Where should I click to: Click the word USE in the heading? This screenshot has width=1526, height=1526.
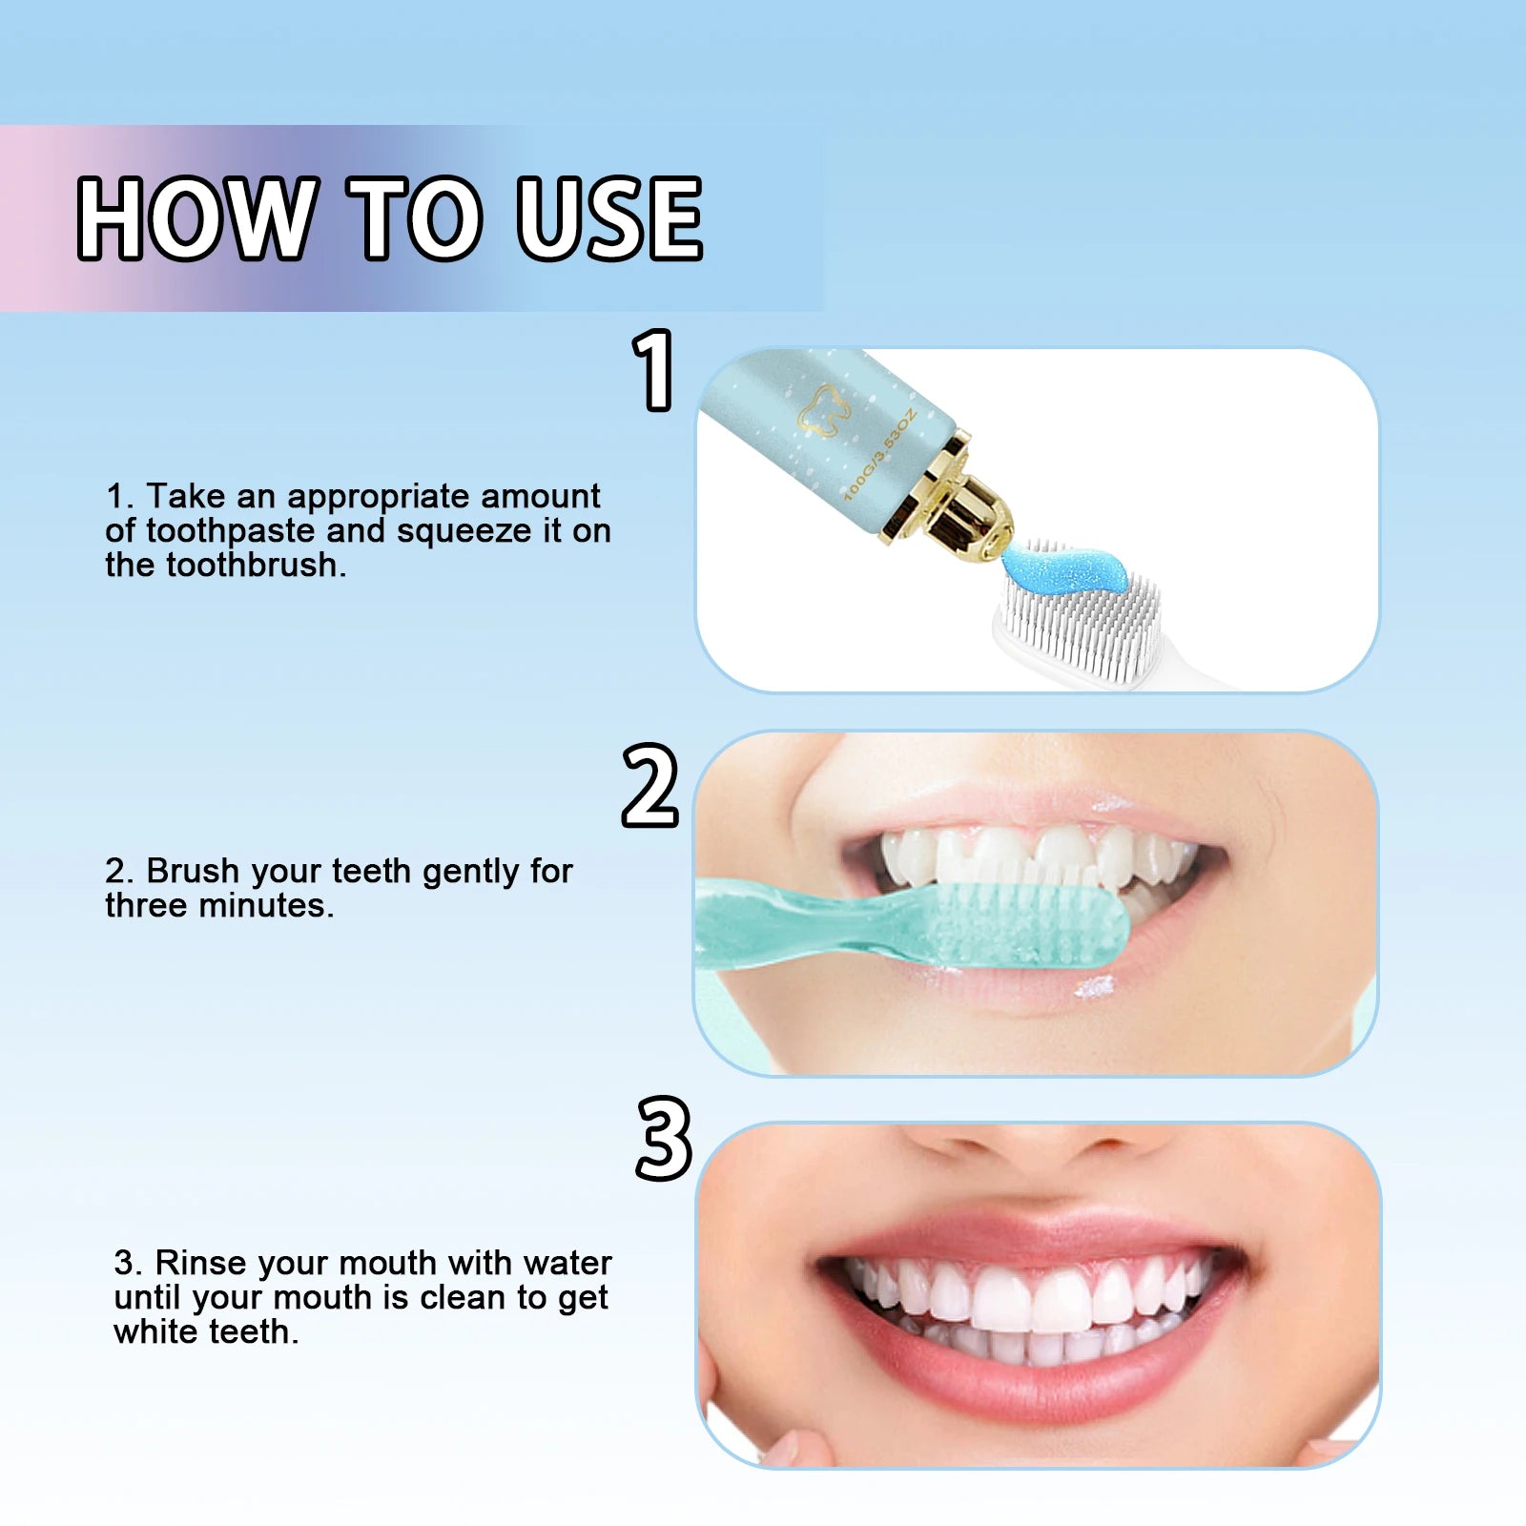click(608, 218)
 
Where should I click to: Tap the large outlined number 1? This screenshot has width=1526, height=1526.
click(654, 370)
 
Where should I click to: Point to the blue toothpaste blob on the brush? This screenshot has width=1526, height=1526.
click(1068, 568)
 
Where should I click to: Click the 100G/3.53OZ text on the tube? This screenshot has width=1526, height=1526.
click(879, 454)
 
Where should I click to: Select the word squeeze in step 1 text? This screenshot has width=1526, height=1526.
click(464, 531)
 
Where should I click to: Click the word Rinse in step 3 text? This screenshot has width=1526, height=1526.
click(199, 1263)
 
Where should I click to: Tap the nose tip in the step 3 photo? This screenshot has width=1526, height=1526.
click(1040, 1144)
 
